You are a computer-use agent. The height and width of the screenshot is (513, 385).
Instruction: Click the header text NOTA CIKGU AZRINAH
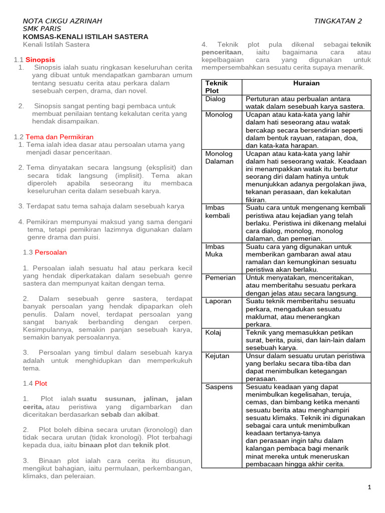click(63, 21)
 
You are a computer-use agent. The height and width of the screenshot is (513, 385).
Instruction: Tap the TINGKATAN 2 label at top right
click(337, 21)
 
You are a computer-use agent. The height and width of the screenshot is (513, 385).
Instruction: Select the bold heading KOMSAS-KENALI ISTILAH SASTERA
click(86, 37)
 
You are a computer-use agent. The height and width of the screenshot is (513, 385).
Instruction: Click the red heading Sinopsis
click(40, 60)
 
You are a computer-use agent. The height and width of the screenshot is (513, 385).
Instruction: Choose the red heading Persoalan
click(51, 252)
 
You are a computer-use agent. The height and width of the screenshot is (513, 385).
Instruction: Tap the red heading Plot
click(41, 383)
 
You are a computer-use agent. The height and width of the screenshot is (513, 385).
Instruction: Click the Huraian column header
click(306, 83)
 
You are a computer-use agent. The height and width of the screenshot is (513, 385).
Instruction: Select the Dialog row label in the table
click(216, 99)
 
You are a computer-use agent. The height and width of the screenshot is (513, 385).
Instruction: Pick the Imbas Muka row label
click(215, 250)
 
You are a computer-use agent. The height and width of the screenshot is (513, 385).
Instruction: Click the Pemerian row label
click(221, 278)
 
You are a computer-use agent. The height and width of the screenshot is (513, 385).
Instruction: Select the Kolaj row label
click(214, 332)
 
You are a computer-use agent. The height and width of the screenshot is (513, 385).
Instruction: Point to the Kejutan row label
click(218, 356)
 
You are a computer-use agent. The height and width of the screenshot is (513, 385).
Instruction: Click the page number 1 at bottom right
click(369, 487)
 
